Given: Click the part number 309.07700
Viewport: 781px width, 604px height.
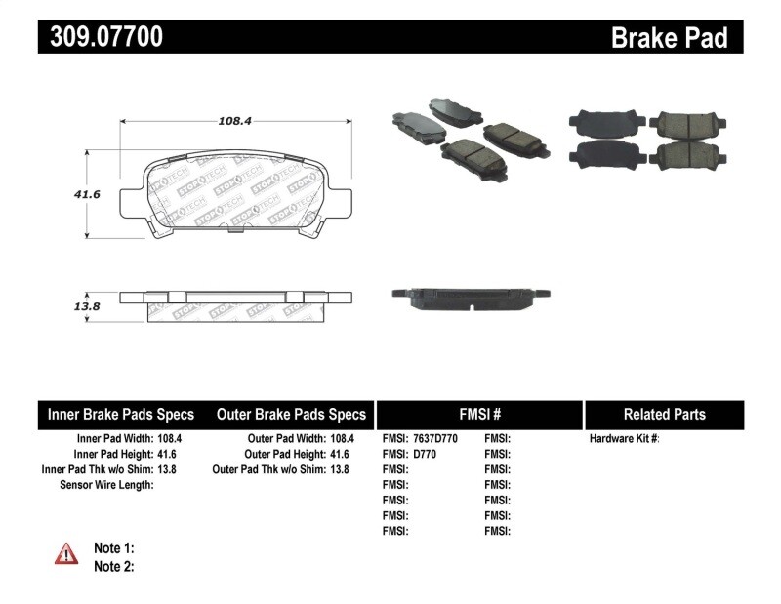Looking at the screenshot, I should (x=101, y=37).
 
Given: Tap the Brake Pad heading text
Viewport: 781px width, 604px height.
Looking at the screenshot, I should (x=669, y=38).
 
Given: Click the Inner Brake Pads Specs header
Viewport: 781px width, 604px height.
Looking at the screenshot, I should (x=121, y=415).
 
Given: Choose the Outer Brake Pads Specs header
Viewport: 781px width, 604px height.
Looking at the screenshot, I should (x=291, y=415).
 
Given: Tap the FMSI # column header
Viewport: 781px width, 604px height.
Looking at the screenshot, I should (x=479, y=415).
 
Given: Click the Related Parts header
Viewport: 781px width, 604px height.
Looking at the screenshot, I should (x=664, y=415).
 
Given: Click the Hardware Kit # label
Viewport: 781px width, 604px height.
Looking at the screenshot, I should (x=624, y=439).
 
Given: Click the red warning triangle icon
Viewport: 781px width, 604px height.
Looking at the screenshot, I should (x=65, y=553).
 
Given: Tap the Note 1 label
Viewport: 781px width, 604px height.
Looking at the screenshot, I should (x=113, y=548).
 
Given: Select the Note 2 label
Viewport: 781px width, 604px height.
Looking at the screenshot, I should (x=113, y=566).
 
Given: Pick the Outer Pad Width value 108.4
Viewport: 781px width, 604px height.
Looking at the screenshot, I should (x=342, y=439).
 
